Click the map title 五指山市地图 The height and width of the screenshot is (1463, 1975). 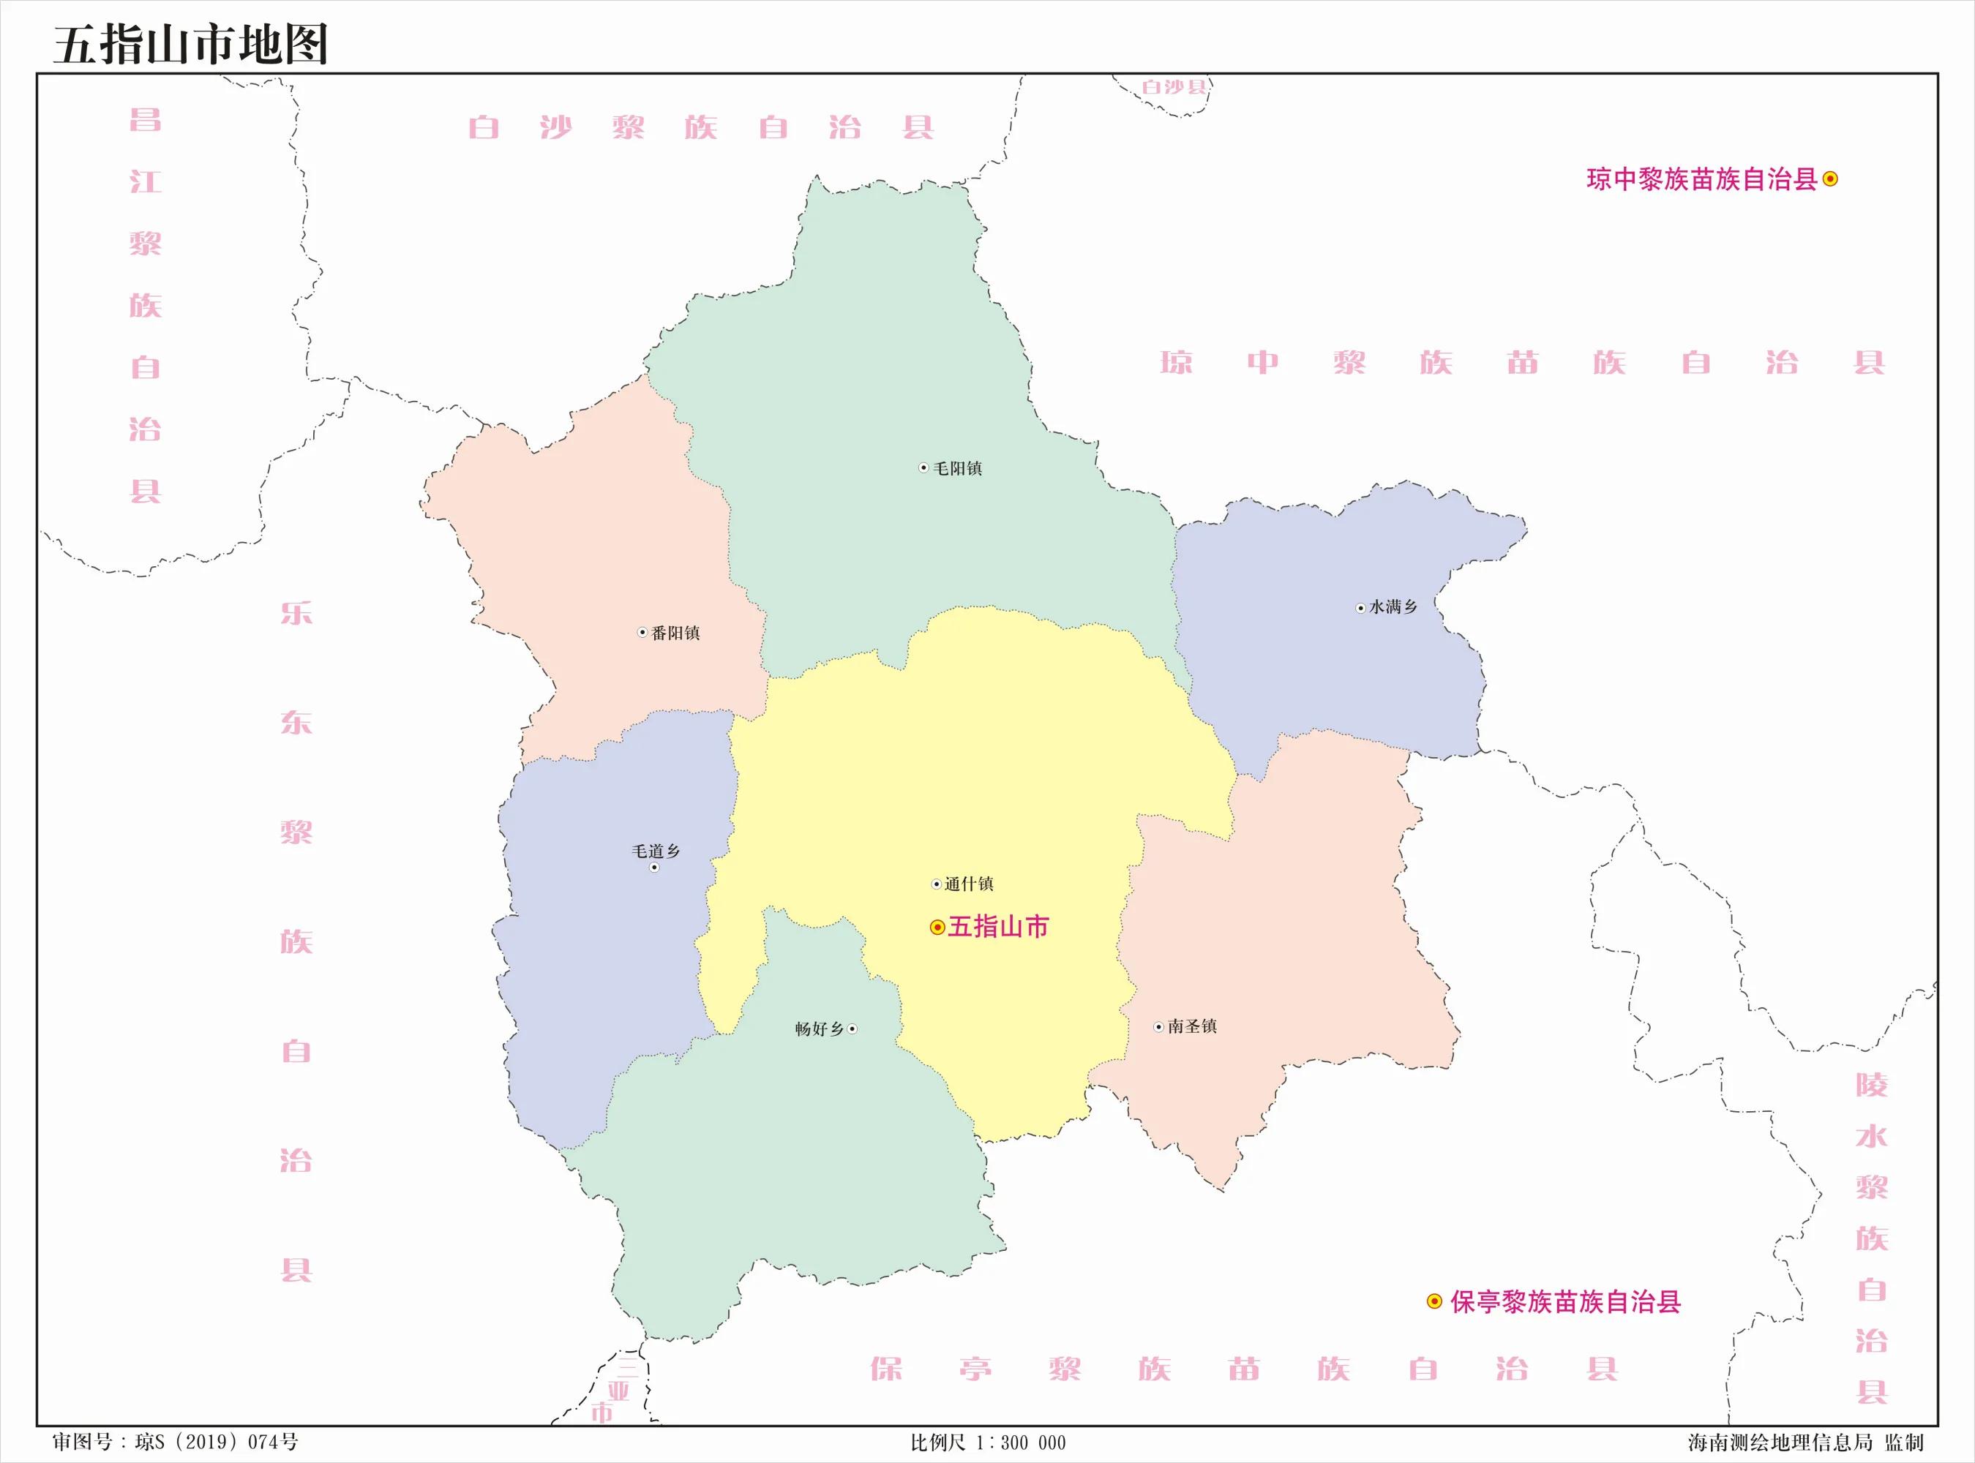pos(191,45)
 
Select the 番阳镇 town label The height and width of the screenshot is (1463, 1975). pos(675,633)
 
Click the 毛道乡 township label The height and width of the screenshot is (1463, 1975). pos(656,851)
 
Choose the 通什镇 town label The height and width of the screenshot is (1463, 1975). pos(968,884)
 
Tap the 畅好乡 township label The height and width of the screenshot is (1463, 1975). pos(820,1029)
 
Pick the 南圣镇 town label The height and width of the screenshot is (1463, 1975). pos(1192,1026)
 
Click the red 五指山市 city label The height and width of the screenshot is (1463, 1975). pos(998,928)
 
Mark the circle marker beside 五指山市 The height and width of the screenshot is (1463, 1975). pos(937,928)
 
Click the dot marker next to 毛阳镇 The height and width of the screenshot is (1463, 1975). pos(923,467)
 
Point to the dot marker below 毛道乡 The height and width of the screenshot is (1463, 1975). pos(654,867)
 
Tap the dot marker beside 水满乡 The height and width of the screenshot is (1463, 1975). pos(1361,608)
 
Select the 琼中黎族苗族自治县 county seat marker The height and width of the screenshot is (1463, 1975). pos(1831,179)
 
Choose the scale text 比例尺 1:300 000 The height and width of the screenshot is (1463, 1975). pos(988,1443)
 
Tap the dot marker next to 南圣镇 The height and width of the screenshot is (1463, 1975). pos(1158,1027)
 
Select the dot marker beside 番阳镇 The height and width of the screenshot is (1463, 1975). pos(643,632)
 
